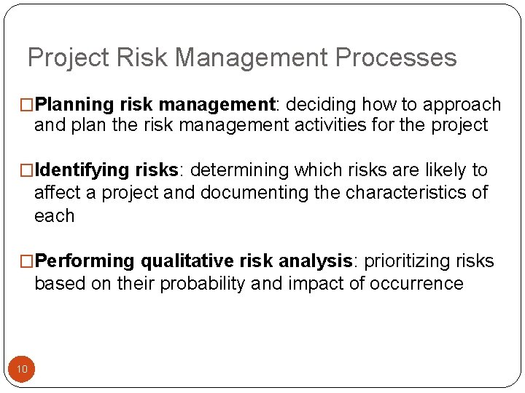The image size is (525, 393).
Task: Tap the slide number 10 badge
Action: click(x=22, y=369)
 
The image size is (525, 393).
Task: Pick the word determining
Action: click(x=239, y=170)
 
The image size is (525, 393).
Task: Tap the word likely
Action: click(x=445, y=170)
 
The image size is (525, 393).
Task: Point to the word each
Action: click(x=54, y=215)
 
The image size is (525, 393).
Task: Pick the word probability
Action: click(x=201, y=283)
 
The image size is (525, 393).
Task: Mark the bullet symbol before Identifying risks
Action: click(x=28, y=171)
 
